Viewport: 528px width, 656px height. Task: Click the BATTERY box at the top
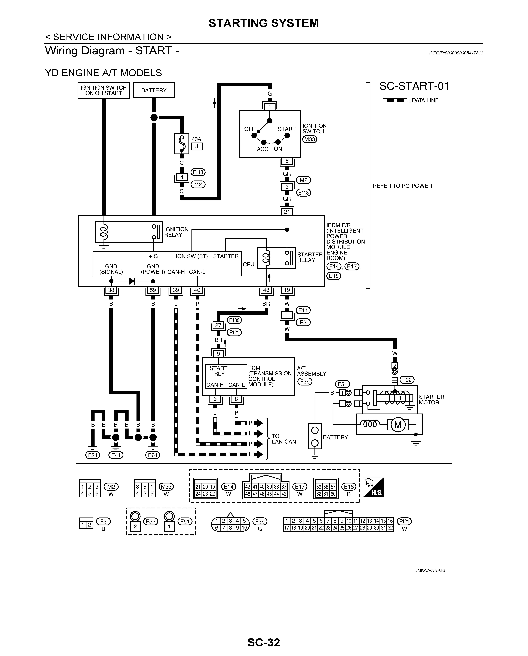154,90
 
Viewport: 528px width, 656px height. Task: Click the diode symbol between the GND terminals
132,281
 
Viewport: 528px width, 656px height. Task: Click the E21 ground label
92,455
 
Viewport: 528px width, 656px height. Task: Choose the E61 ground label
153,455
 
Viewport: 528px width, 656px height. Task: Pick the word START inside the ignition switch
286,129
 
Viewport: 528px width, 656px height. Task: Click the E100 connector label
234,320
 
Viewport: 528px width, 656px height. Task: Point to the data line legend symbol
395,100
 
